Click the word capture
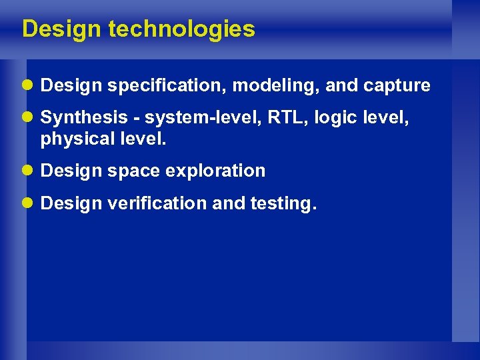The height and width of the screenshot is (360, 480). (397, 86)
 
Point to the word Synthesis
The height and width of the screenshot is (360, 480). (75, 118)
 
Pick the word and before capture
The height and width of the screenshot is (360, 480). (342, 86)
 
